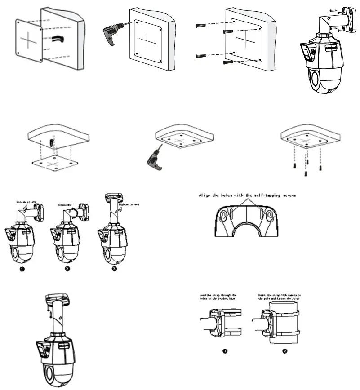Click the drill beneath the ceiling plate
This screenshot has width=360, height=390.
coord(153,157)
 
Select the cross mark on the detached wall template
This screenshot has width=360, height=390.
coord(28,40)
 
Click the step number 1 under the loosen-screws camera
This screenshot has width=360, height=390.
coord(22,269)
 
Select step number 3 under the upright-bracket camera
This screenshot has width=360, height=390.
coord(114,269)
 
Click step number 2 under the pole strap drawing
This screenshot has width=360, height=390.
coord(284,351)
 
